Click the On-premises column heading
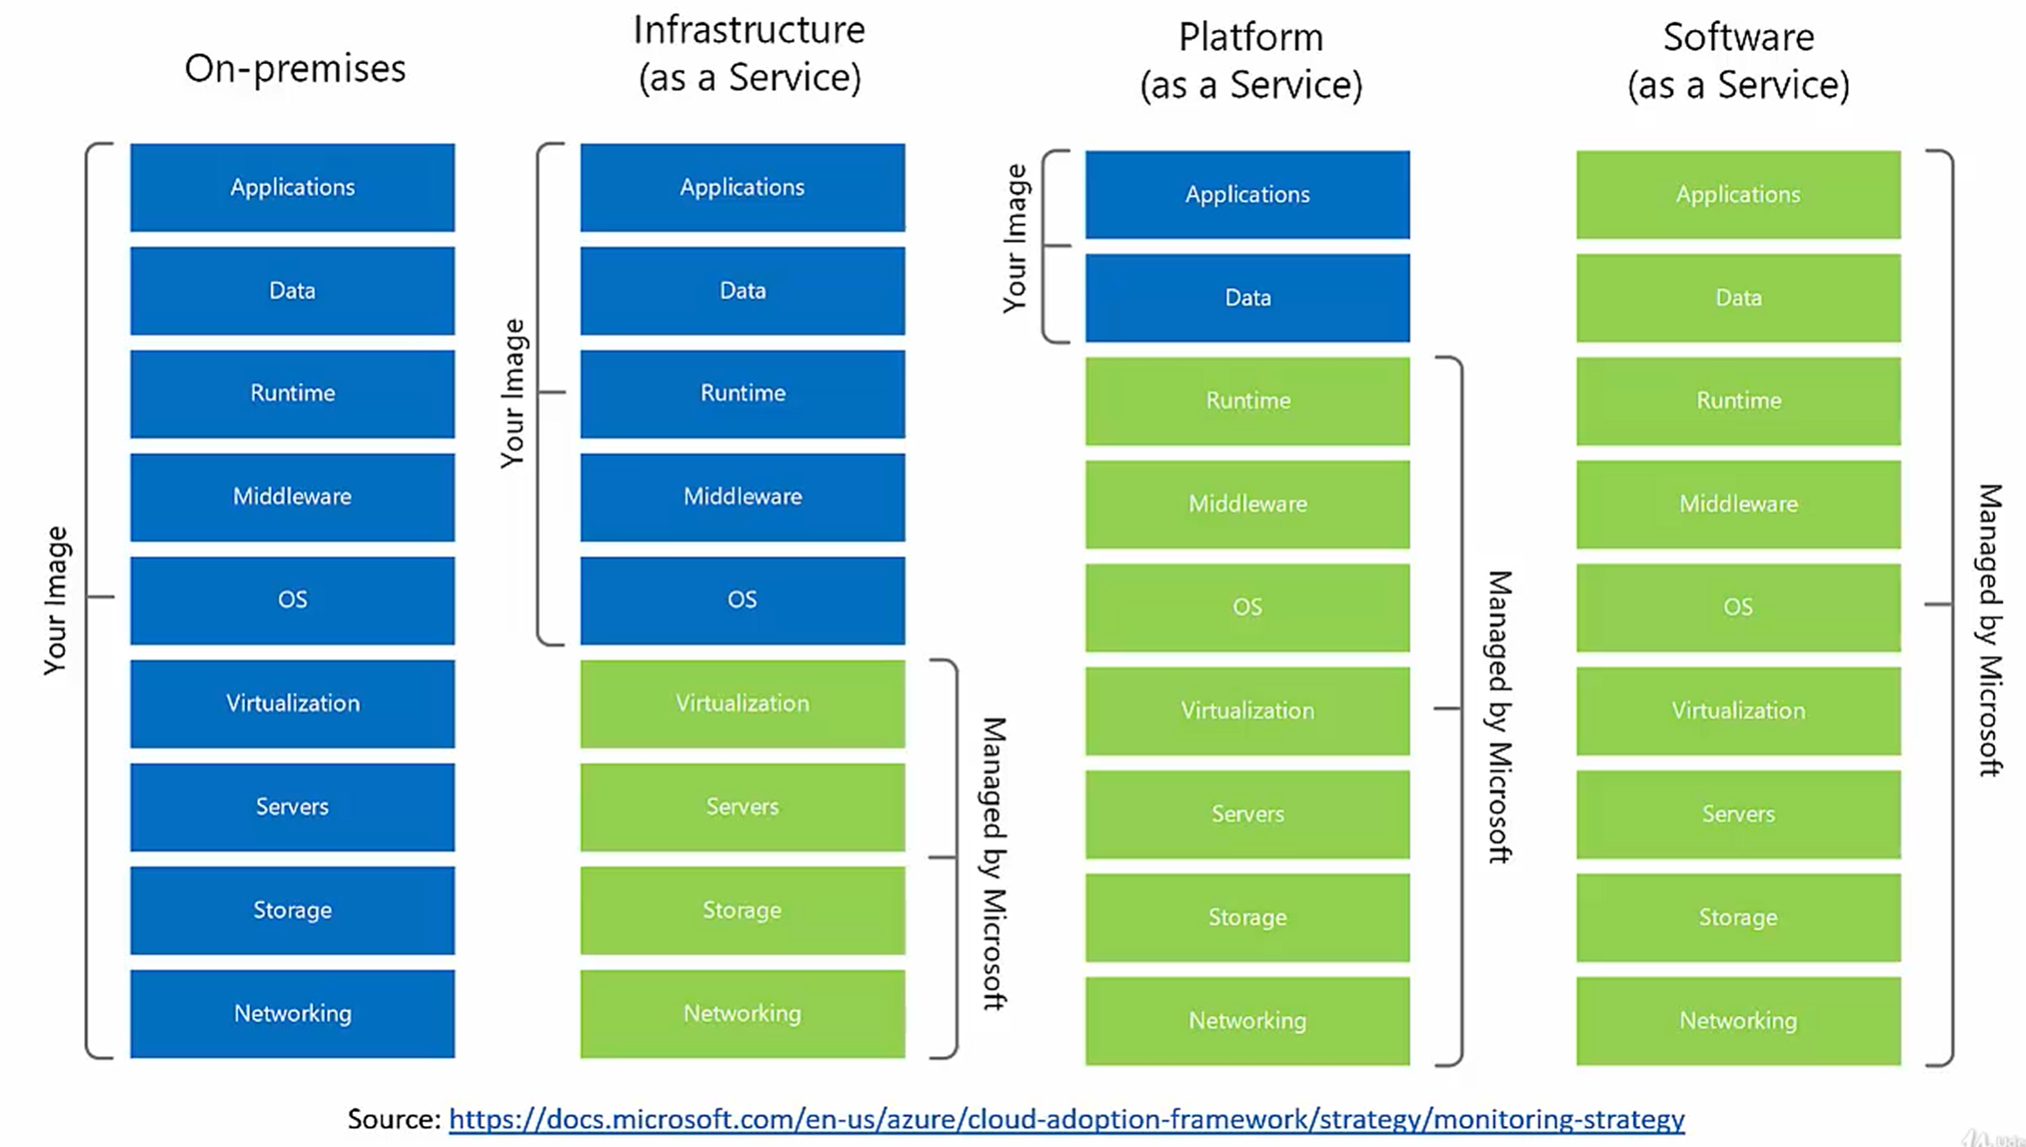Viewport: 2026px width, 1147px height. pyautogui.click(x=295, y=68)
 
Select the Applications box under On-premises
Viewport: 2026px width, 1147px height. pyautogui.click(x=292, y=187)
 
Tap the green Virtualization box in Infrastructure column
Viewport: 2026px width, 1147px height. pyautogui.click(x=742, y=703)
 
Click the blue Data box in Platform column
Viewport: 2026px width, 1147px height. pyautogui.click(x=1247, y=298)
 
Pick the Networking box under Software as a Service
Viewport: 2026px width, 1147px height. pyautogui.click(x=1738, y=1020)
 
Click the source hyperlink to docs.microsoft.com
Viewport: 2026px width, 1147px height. pyautogui.click(x=1066, y=1119)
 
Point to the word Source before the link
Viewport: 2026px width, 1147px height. pyautogui.click(x=393, y=1119)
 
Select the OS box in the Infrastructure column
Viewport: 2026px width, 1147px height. pyautogui.click(x=742, y=600)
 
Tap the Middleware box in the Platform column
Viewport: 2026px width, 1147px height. pyautogui.click(x=1247, y=504)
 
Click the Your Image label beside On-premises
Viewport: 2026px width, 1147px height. pyautogui.click(x=56, y=600)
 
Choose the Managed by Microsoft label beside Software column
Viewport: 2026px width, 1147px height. pyautogui.click(x=1989, y=630)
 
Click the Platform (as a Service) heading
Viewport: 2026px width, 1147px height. pyautogui.click(x=1250, y=61)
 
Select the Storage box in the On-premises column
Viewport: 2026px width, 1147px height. pyautogui.click(x=292, y=910)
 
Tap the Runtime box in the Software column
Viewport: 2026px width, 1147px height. pyautogui.click(x=1738, y=401)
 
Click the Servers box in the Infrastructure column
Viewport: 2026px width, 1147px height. pyautogui.click(x=742, y=807)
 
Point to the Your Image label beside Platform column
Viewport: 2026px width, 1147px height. pyautogui.click(x=1015, y=239)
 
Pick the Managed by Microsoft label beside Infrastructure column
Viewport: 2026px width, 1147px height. pyautogui.click(x=995, y=863)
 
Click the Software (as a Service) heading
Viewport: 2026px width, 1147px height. pyautogui.click(x=1738, y=61)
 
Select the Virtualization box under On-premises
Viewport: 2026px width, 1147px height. pyautogui.click(x=292, y=703)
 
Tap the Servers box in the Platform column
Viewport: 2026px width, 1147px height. pyautogui.click(x=1247, y=814)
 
